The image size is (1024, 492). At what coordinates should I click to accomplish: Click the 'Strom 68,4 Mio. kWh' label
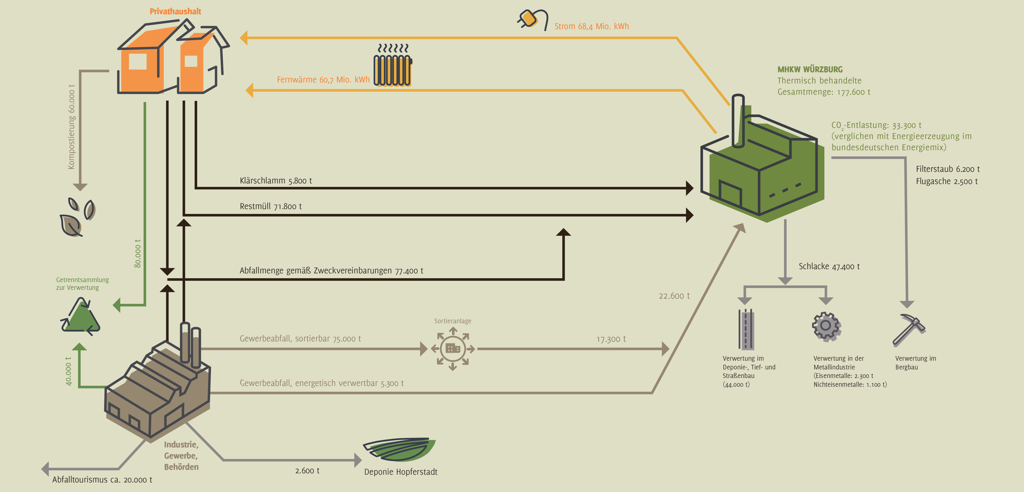click(x=592, y=26)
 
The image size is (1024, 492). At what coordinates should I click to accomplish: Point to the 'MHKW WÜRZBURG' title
click(x=810, y=69)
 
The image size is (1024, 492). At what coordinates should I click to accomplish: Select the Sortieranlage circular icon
click(x=453, y=349)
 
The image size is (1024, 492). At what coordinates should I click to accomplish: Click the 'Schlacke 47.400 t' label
click(x=829, y=266)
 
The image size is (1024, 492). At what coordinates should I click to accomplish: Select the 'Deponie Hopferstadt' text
click(x=401, y=472)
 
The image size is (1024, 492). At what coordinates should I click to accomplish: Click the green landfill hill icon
click(x=399, y=449)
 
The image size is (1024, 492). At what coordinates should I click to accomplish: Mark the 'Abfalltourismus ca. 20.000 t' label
click(x=102, y=480)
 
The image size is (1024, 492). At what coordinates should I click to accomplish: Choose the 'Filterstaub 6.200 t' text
click(x=948, y=169)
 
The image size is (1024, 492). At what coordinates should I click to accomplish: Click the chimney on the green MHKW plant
click(x=738, y=121)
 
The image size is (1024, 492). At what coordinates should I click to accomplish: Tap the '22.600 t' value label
click(x=674, y=296)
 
